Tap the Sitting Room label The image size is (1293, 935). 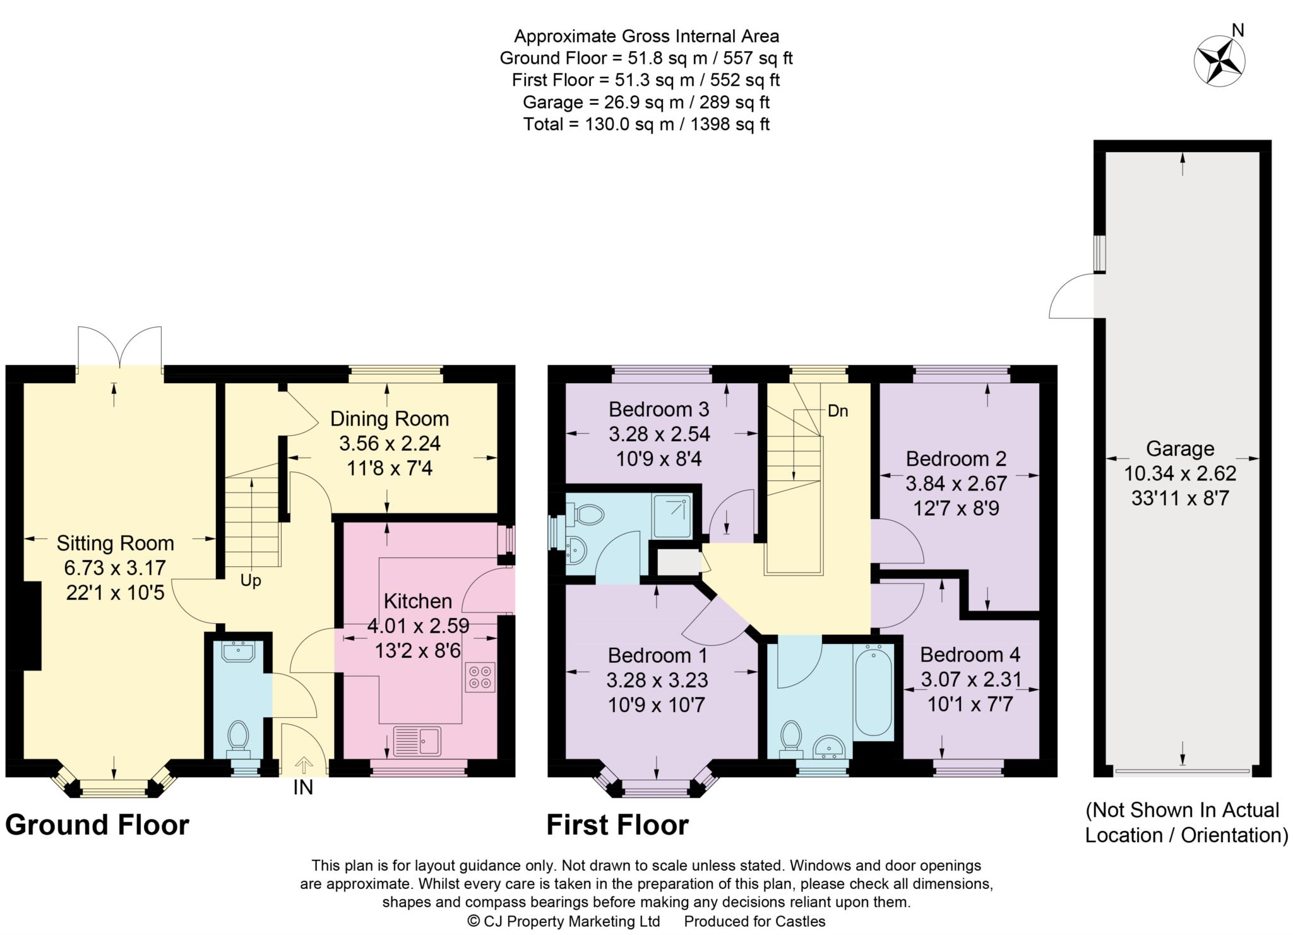(116, 543)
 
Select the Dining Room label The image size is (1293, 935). (390, 419)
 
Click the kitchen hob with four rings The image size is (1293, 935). (480, 677)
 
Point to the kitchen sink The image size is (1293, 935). (417, 741)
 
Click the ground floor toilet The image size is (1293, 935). (238, 740)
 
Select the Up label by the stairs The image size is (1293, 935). (251, 580)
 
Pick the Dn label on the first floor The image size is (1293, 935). (838, 411)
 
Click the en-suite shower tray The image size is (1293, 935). (672, 516)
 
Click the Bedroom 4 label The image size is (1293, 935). (970, 654)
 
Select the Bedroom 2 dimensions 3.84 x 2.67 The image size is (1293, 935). (956, 484)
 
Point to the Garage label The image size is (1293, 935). (1180, 449)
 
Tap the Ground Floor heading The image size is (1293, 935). (97, 825)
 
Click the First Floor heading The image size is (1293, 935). (617, 825)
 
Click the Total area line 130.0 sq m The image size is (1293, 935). (646, 124)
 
